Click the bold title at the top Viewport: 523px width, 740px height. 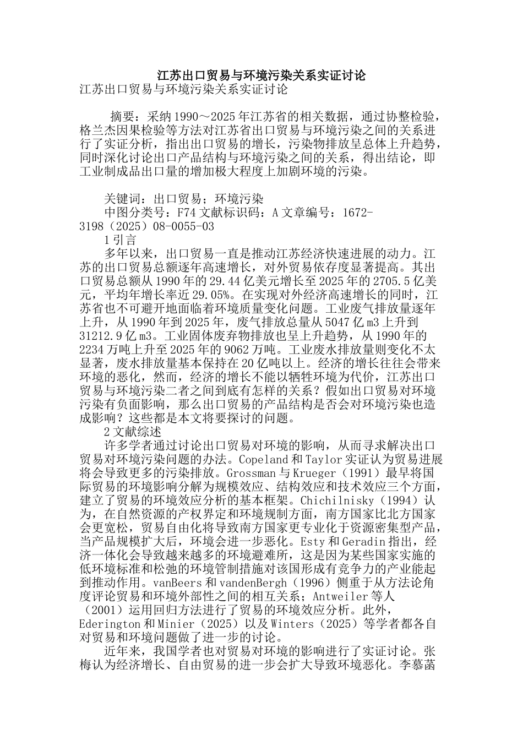point(261,75)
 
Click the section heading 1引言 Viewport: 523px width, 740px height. point(120,240)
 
